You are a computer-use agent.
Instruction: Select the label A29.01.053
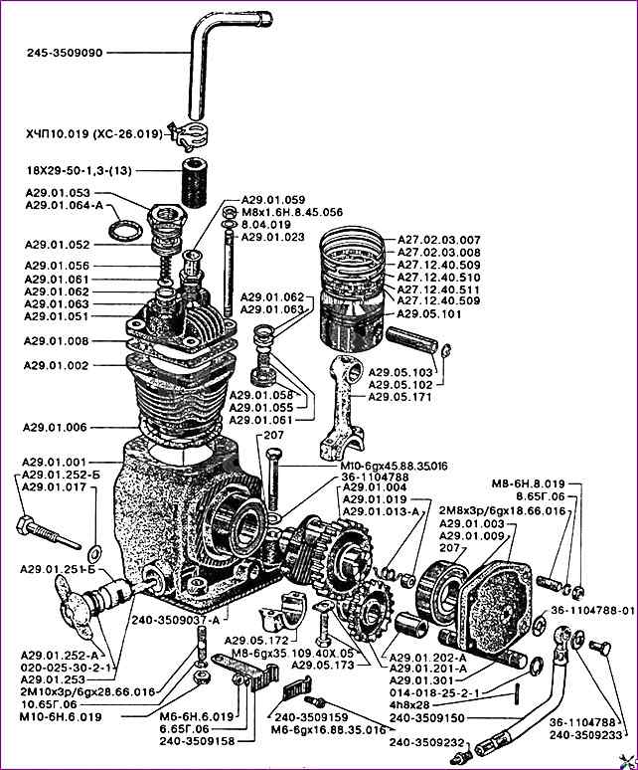point(57,193)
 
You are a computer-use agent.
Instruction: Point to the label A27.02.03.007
point(438,240)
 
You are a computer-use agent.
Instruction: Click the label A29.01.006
point(57,427)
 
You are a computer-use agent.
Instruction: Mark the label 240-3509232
point(427,741)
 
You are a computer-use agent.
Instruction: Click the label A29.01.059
point(272,199)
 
